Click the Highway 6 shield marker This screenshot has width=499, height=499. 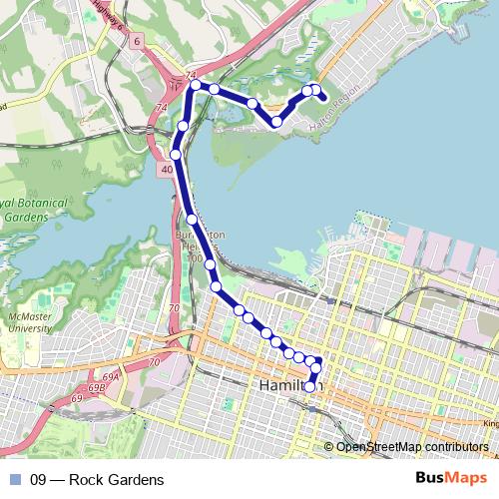(136, 40)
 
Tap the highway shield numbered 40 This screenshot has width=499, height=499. (162, 171)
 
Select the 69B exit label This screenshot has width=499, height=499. (97, 388)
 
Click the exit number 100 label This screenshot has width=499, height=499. (195, 258)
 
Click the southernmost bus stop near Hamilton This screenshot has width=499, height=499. (310, 387)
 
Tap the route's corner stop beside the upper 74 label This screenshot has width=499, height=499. (196, 85)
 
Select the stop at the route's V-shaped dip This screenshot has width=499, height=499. (275, 122)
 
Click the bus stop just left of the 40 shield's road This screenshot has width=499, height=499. (176, 155)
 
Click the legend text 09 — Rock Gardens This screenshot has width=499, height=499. (97, 480)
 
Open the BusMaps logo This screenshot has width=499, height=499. (450, 479)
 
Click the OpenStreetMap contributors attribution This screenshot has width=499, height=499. (411, 446)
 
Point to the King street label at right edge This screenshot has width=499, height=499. (489, 423)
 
